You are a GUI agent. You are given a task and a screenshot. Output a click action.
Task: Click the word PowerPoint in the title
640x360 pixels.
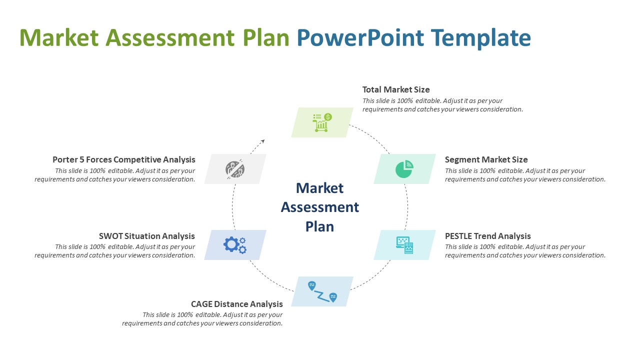[x=357, y=38]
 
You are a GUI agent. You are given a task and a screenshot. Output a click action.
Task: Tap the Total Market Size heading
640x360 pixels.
[x=396, y=90]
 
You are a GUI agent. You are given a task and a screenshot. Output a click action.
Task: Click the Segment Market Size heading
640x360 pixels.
[x=486, y=160]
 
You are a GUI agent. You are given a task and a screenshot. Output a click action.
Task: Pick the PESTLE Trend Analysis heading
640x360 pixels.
[x=487, y=236]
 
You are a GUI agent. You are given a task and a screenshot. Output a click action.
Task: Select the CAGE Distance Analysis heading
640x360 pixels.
[x=237, y=304]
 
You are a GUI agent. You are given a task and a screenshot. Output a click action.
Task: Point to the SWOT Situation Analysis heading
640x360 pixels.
[x=147, y=236]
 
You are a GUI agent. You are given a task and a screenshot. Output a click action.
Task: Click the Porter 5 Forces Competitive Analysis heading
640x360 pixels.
[x=124, y=160]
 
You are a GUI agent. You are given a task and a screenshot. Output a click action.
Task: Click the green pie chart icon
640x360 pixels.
[x=404, y=169]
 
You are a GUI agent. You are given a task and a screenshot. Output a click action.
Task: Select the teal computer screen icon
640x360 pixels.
[x=404, y=245]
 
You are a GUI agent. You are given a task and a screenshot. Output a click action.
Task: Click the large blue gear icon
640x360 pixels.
[x=231, y=244]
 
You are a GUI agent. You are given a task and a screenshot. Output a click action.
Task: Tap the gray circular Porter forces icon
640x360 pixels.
[x=234, y=169]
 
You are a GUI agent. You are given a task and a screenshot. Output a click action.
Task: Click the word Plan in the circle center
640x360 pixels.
[x=320, y=226]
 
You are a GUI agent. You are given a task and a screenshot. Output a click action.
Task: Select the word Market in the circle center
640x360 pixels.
[x=320, y=188]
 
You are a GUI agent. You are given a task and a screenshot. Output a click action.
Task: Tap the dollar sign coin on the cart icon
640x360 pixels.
[x=328, y=117]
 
